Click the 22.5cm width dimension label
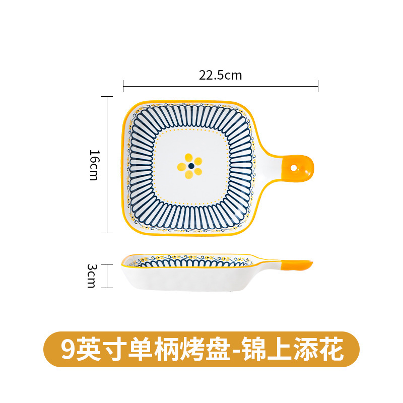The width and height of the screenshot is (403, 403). (220, 76)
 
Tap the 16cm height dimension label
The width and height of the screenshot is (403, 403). (94, 165)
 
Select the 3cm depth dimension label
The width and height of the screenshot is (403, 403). (91, 276)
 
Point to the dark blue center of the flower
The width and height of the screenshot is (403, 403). (190, 166)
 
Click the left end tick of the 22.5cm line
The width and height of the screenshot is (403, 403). (123, 86)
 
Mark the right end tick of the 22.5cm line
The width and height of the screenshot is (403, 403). (318, 86)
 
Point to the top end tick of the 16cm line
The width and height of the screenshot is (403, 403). (106, 96)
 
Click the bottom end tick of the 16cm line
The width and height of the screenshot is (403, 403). (106, 233)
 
